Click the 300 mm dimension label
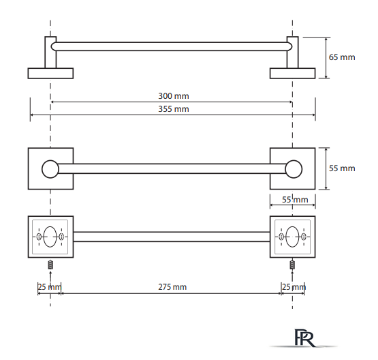point(174,96)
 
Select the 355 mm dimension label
point(174,109)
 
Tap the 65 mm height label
point(342,57)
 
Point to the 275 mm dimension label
point(172,287)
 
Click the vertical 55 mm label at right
point(342,168)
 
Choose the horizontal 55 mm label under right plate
point(295,200)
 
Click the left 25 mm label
point(49,287)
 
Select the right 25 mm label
point(294,287)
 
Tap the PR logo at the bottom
point(304,337)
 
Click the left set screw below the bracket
point(50,265)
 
